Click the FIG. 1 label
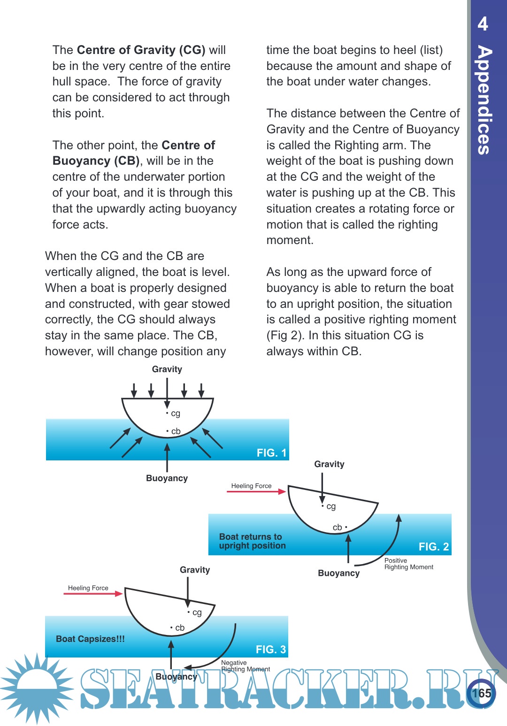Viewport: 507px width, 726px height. [x=271, y=453]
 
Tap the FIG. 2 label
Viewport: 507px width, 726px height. [x=433, y=547]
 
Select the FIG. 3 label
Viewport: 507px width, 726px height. [x=270, y=650]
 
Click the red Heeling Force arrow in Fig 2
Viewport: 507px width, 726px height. [x=256, y=491]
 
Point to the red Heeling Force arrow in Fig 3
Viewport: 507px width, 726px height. [x=93, y=594]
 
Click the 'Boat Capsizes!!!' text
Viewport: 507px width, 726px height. [x=90, y=639]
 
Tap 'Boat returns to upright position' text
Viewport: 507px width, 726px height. [x=252, y=541]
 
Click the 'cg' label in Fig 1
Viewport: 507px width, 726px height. [x=175, y=413]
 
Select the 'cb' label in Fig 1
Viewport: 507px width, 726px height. [x=176, y=431]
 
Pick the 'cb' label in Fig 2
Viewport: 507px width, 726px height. [x=338, y=527]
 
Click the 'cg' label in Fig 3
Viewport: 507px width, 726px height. [x=197, y=612]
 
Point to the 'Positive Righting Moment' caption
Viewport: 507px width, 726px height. [x=408, y=564]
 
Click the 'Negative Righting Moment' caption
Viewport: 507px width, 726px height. [x=245, y=666]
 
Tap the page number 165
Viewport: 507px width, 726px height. [x=481, y=693]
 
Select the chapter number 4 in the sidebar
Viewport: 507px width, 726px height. [x=483, y=23]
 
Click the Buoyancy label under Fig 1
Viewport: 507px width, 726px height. [x=167, y=478]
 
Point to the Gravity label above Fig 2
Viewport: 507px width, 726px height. [x=329, y=464]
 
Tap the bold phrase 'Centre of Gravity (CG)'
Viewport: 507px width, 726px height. [x=141, y=50]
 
